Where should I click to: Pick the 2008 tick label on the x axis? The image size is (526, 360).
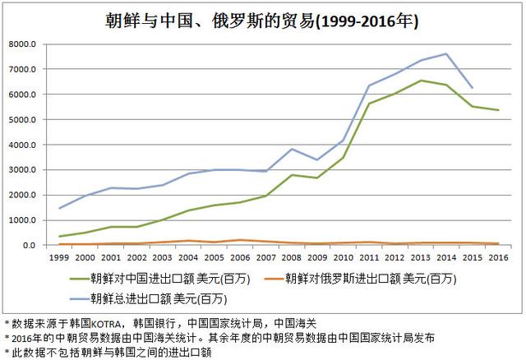pos(292,257)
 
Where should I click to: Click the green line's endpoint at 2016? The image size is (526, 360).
pos(496,110)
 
